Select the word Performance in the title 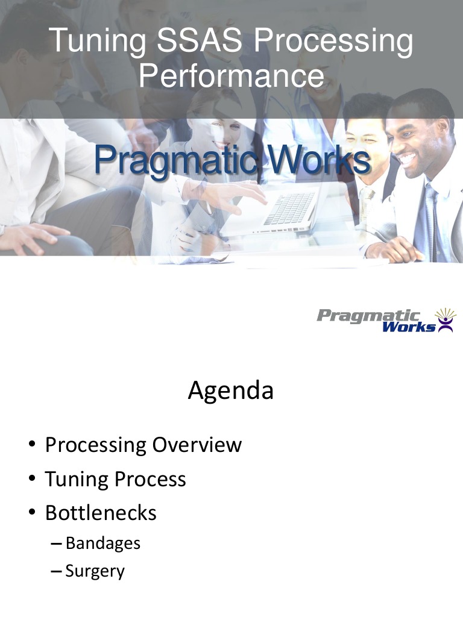(231, 76)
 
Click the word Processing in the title (333, 42)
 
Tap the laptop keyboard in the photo (289, 208)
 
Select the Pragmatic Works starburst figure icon (445, 320)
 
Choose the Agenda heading (231, 391)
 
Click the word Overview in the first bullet (197, 445)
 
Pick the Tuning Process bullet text (116, 479)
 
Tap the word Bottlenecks (101, 513)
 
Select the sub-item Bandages (103, 543)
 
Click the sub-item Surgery (95, 571)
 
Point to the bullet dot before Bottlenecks (31, 513)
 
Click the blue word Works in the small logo (409, 327)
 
